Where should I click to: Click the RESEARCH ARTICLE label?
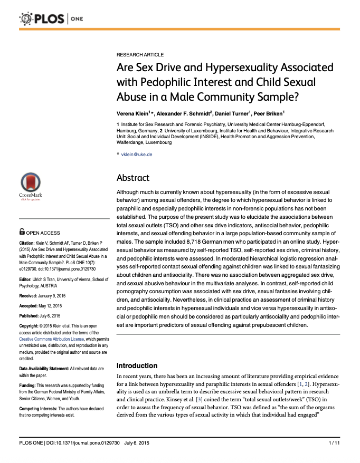(x=140, y=55)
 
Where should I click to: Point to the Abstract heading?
(x=133, y=178)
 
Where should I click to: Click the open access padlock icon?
(x=22, y=231)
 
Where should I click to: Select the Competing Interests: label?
(x=40, y=409)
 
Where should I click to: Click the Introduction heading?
(x=137, y=365)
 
